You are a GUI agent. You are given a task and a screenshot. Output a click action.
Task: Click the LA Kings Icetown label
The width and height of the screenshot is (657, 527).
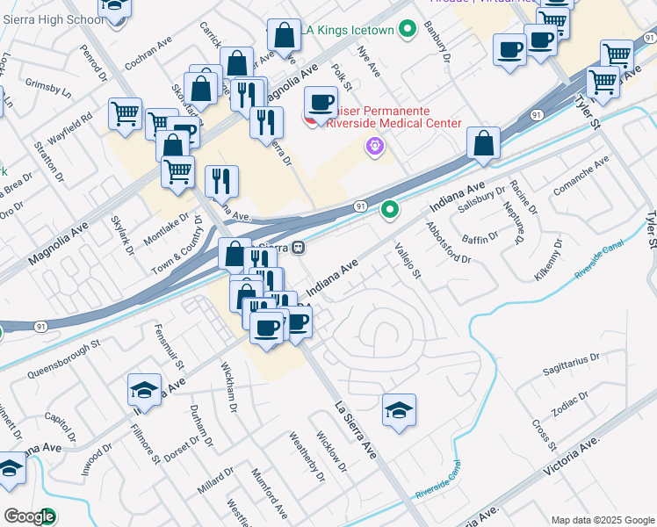tap(350, 30)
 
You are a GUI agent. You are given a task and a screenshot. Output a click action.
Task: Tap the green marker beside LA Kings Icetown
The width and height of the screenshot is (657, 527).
tap(407, 30)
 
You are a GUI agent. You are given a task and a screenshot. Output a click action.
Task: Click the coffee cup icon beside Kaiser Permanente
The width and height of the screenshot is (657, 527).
tap(321, 102)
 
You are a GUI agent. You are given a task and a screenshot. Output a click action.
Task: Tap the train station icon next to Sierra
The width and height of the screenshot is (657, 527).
tap(300, 248)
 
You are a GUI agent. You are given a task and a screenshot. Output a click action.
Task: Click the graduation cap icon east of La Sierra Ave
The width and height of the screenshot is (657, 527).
tap(399, 409)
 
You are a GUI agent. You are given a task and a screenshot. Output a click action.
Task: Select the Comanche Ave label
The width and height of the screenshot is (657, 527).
tap(581, 177)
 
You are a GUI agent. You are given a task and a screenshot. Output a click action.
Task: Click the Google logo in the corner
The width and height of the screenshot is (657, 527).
tap(30, 516)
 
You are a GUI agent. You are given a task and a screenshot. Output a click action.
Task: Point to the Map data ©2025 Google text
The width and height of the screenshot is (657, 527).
tap(602, 520)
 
